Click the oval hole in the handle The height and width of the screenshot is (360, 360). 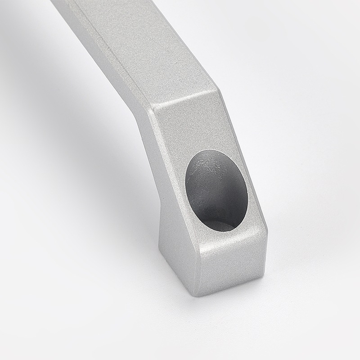[216, 190]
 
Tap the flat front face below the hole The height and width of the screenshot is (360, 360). [229, 263]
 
